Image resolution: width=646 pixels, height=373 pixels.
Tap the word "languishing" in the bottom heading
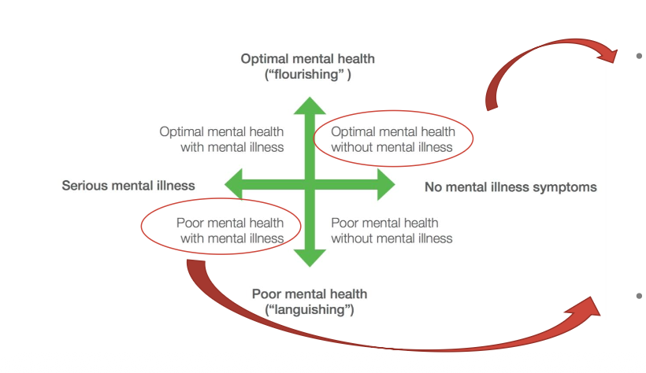pyautogui.click(x=310, y=310)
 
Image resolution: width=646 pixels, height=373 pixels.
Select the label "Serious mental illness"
pyautogui.click(x=128, y=186)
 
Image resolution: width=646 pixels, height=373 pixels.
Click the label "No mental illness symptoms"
pyautogui.click(x=510, y=187)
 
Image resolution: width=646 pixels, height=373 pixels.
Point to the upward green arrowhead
pyautogui.click(x=310, y=108)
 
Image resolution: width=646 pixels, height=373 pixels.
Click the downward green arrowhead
pyautogui.click(x=310, y=257)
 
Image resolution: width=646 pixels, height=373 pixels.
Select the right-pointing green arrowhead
pyautogui.click(x=384, y=186)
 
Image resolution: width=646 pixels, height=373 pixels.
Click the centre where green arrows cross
pyautogui.click(x=310, y=186)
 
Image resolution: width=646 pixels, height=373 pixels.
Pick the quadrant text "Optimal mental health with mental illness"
pyautogui.click(x=221, y=139)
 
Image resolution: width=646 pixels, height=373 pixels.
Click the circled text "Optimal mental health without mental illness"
pyautogui.click(x=393, y=139)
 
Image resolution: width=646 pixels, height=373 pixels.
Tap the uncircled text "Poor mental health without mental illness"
pyautogui.click(x=392, y=231)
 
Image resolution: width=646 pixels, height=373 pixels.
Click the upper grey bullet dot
pyautogui.click(x=640, y=56)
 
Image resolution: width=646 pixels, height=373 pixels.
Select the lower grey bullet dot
pyautogui.click(x=640, y=297)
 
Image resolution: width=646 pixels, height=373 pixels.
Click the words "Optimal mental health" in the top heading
pyautogui.click(x=308, y=59)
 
